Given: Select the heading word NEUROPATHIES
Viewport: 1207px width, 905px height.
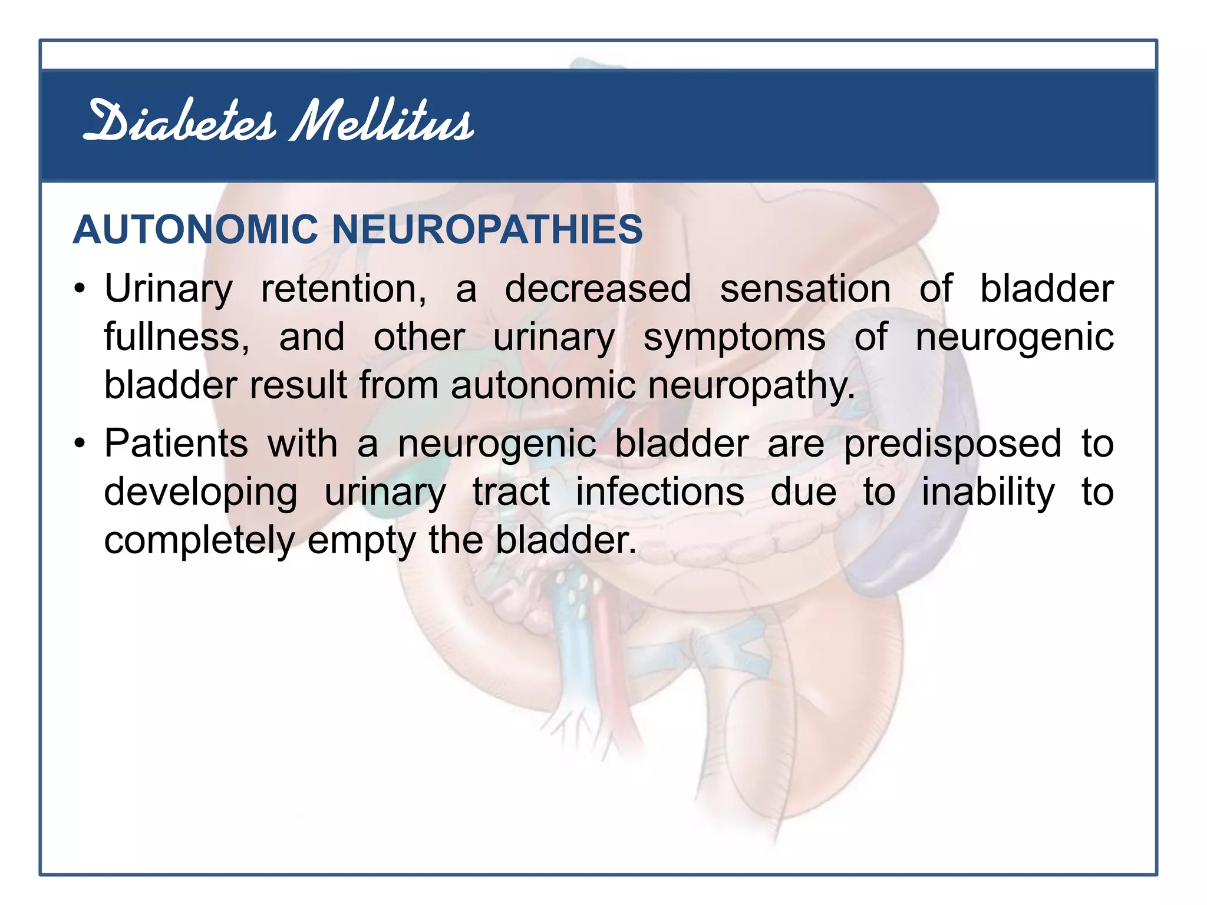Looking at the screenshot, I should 487,229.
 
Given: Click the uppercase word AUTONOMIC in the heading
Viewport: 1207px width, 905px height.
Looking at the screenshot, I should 196,229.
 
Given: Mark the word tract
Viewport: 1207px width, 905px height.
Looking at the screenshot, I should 511,491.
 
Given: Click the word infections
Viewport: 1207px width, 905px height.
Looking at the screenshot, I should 659,491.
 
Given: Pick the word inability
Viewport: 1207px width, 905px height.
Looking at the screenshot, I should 988,493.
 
